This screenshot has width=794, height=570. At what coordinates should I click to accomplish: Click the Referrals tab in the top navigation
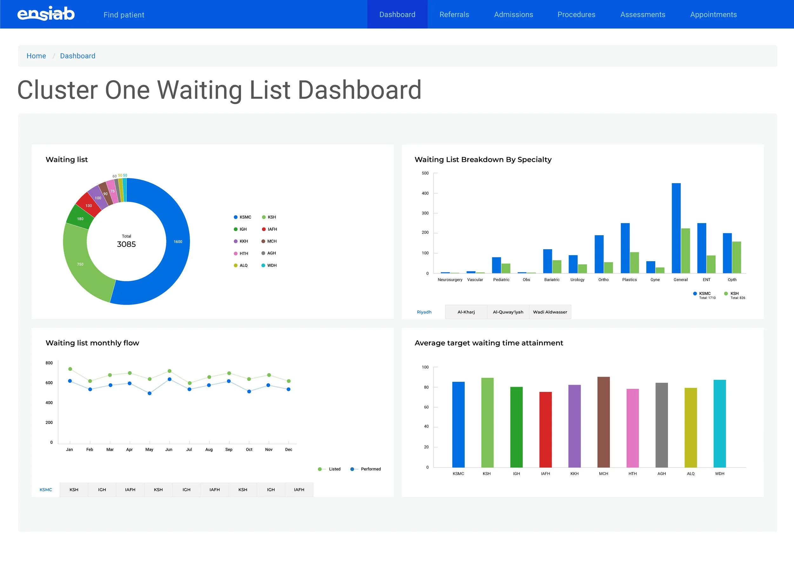click(x=454, y=15)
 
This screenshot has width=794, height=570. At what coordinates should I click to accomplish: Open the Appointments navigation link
click(x=713, y=15)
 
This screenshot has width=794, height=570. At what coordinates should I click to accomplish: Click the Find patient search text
click(x=124, y=15)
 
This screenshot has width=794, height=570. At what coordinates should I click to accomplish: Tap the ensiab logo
click(x=46, y=14)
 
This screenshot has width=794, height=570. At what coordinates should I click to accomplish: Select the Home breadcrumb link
click(x=37, y=56)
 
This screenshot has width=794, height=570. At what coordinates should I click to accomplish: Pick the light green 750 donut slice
click(x=80, y=264)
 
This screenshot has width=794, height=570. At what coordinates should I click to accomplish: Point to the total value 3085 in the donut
click(x=126, y=244)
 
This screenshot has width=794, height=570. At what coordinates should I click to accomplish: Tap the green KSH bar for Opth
click(x=736, y=257)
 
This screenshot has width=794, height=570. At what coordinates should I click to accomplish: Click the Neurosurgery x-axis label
click(x=450, y=280)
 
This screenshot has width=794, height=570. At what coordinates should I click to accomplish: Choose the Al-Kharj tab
click(x=466, y=312)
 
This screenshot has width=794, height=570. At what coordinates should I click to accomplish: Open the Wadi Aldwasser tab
click(x=550, y=312)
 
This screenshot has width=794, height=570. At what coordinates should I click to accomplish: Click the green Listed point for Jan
click(x=70, y=369)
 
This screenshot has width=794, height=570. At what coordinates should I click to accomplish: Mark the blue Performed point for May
click(x=150, y=393)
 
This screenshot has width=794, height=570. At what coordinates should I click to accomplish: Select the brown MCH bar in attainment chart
click(x=603, y=422)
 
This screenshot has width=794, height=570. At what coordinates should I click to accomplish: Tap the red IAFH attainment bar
click(x=545, y=430)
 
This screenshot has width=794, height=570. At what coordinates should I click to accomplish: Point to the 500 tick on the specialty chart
click(x=425, y=173)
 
